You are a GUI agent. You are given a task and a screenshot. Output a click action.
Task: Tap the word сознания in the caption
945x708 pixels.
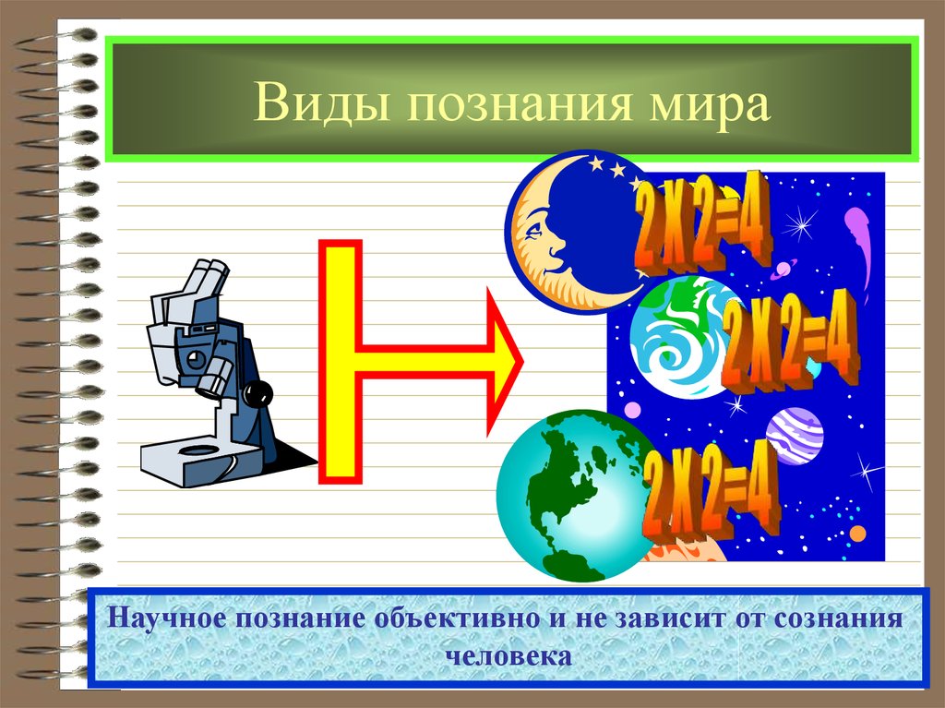tap(839, 618)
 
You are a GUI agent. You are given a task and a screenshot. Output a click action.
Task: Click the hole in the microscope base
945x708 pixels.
tap(197, 451)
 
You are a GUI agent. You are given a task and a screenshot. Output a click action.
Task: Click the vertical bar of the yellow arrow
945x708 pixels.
tap(340, 360)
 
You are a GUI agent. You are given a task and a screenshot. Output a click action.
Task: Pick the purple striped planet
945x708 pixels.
tap(794, 435)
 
